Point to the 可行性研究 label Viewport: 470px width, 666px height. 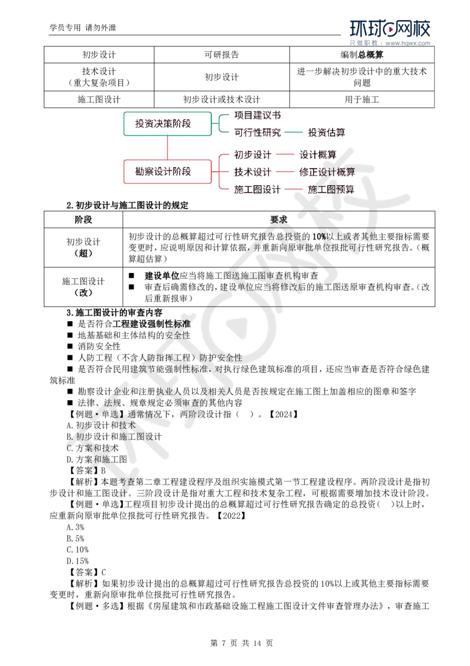click(258, 132)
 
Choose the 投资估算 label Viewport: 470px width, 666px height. click(327, 132)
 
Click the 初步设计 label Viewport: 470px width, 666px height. click(253, 155)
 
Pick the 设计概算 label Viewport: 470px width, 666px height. click(318, 155)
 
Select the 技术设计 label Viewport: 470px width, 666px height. click(253, 172)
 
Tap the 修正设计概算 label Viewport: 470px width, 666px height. click(327, 172)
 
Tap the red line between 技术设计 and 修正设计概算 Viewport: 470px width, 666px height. click(286, 172)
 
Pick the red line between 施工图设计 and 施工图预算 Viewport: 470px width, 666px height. click(294, 189)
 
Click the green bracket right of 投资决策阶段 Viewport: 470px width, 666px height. click(217, 123)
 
